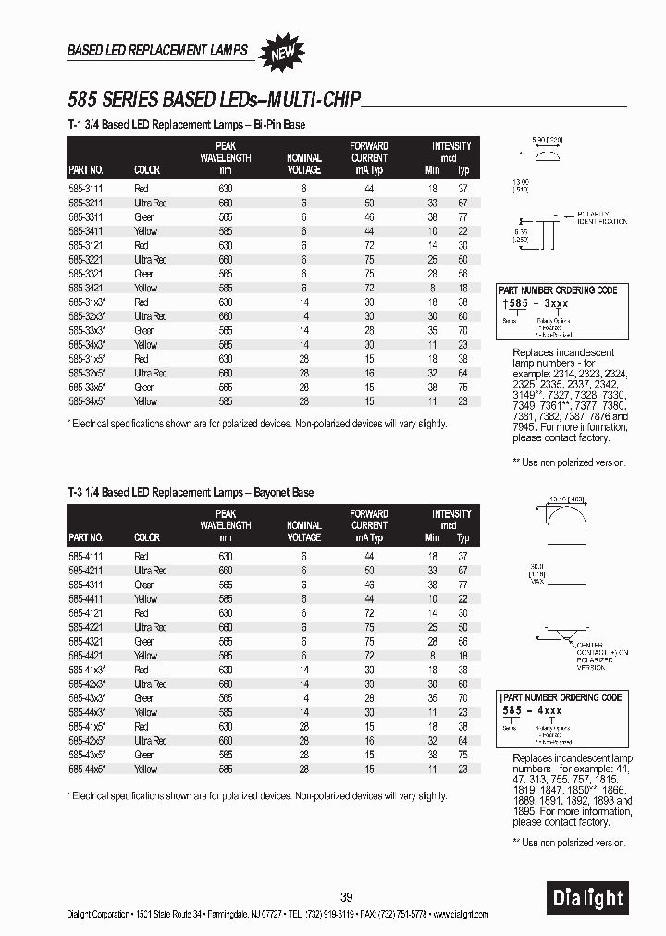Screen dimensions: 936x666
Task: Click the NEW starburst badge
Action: [281, 52]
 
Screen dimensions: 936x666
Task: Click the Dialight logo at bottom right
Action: [588, 895]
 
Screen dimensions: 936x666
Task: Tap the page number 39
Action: [346, 896]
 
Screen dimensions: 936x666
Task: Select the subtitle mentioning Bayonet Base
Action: [191, 492]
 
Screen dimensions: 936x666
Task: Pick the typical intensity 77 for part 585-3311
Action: [462, 216]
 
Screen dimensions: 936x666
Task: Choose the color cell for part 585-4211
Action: [150, 571]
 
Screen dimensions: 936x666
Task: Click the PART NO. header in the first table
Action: [85, 170]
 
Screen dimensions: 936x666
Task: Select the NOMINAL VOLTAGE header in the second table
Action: [303, 532]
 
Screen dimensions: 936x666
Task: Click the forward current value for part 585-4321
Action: [368, 641]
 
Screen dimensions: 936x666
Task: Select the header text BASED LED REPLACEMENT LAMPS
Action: [157, 50]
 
